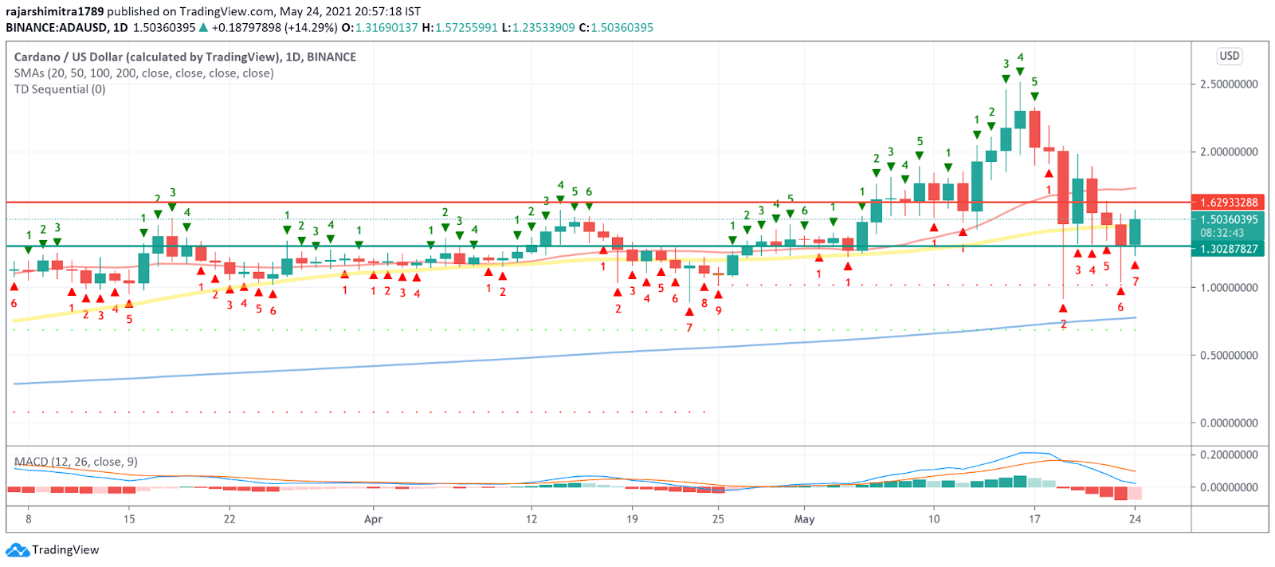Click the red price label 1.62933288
[1228, 203]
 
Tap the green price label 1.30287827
[1228, 249]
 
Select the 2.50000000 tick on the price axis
[1229, 84]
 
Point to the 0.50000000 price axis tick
[1229, 355]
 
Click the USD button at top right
[1229, 56]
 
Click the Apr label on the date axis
[373, 519]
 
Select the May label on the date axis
[804, 519]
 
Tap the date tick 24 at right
[1135, 519]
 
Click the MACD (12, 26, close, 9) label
[76, 462]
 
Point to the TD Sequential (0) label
[60, 89]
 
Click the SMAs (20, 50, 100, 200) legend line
[143, 73]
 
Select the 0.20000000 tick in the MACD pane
[1229, 455]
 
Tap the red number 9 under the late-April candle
[719, 310]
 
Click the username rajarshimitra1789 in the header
[54, 11]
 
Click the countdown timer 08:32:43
[1222, 233]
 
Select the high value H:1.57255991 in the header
[460, 27]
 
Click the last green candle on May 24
[1135, 232]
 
